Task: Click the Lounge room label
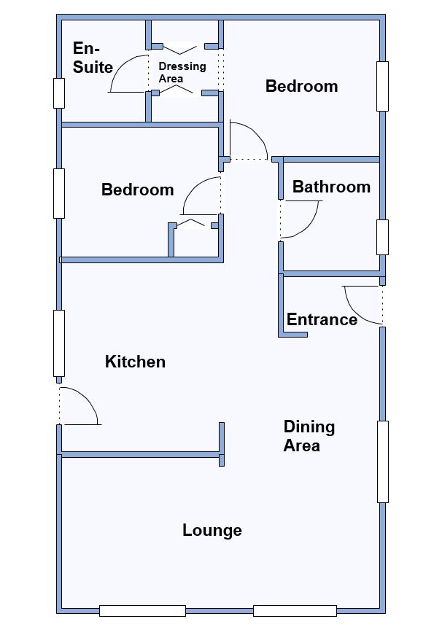(212, 530)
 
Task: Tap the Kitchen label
(135, 362)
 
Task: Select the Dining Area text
(309, 436)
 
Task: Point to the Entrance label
(322, 319)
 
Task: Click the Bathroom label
(332, 187)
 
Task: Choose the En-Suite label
(93, 58)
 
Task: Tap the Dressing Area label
(182, 72)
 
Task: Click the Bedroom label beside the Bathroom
(302, 86)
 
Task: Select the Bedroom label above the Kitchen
(138, 190)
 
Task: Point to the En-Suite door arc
(119, 66)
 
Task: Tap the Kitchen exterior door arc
(88, 397)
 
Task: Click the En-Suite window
(59, 93)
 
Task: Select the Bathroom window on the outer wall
(382, 237)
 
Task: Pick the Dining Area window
(383, 462)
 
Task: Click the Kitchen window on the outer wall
(59, 343)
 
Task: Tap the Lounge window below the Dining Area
(295, 611)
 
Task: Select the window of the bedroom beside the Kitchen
(59, 193)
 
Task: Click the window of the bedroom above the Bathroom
(382, 86)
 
